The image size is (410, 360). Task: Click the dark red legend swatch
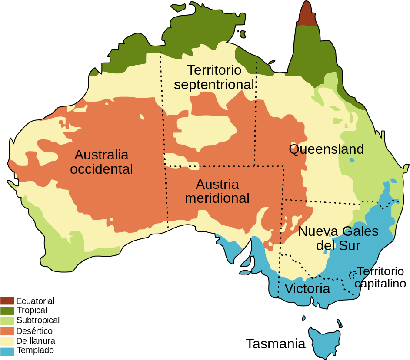click(7, 301)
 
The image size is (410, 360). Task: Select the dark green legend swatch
click(7, 310)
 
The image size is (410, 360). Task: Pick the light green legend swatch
click(7, 321)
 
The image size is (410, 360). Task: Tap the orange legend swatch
click(7, 331)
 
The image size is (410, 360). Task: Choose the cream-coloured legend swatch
click(7, 341)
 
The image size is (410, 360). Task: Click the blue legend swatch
click(7, 351)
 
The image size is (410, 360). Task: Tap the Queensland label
click(326, 149)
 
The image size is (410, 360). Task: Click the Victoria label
click(307, 289)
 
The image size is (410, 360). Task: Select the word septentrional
click(214, 85)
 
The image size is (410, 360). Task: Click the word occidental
click(101, 169)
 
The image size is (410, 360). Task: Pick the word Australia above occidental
click(101, 155)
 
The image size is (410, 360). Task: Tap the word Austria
click(217, 184)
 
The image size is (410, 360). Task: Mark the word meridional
click(217, 198)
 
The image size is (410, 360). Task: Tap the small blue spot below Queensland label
click(351, 159)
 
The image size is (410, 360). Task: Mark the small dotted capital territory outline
click(352, 274)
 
